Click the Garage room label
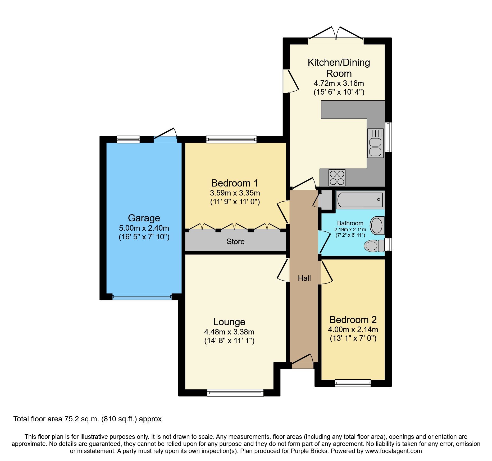click(x=144, y=218)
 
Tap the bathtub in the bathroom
click(x=360, y=200)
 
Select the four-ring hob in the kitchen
click(x=337, y=178)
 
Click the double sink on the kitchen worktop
click(x=375, y=143)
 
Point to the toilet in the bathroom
click(x=374, y=246)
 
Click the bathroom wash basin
click(x=377, y=225)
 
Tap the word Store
click(x=235, y=241)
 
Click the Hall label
click(x=304, y=278)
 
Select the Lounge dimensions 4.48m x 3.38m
click(x=229, y=332)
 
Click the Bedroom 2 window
click(x=353, y=383)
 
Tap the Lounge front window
click(x=235, y=393)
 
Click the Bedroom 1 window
click(x=231, y=139)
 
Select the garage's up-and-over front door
click(x=142, y=297)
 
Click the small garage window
click(x=128, y=139)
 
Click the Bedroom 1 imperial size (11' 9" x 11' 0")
click(x=235, y=202)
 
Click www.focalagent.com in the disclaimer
click(x=393, y=451)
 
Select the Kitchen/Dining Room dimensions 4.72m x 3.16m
click(x=339, y=83)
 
